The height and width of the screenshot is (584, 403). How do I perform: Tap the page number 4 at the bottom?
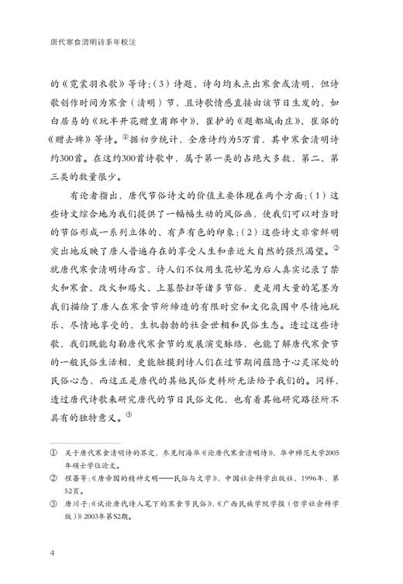[x=51, y=553]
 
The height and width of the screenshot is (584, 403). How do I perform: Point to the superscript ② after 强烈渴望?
[x=351, y=248]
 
